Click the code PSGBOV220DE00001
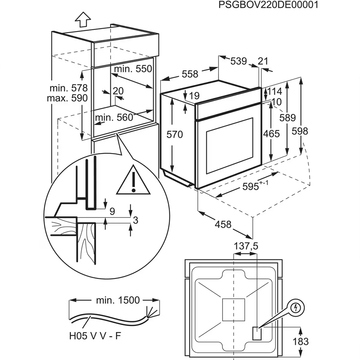tap(268, 5)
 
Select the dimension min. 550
tap(133, 69)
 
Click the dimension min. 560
tap(114, 117)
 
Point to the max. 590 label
tap(67, 98)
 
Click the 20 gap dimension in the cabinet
tap(118, 91)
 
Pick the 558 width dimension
tap(190, 74)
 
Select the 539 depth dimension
tap(238, 61)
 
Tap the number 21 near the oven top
tap(263, 61)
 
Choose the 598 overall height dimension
tap(300, 131)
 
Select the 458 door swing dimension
tap(223, 225)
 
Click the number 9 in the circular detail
tap(112, 212)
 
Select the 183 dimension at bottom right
tap(300, 341)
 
